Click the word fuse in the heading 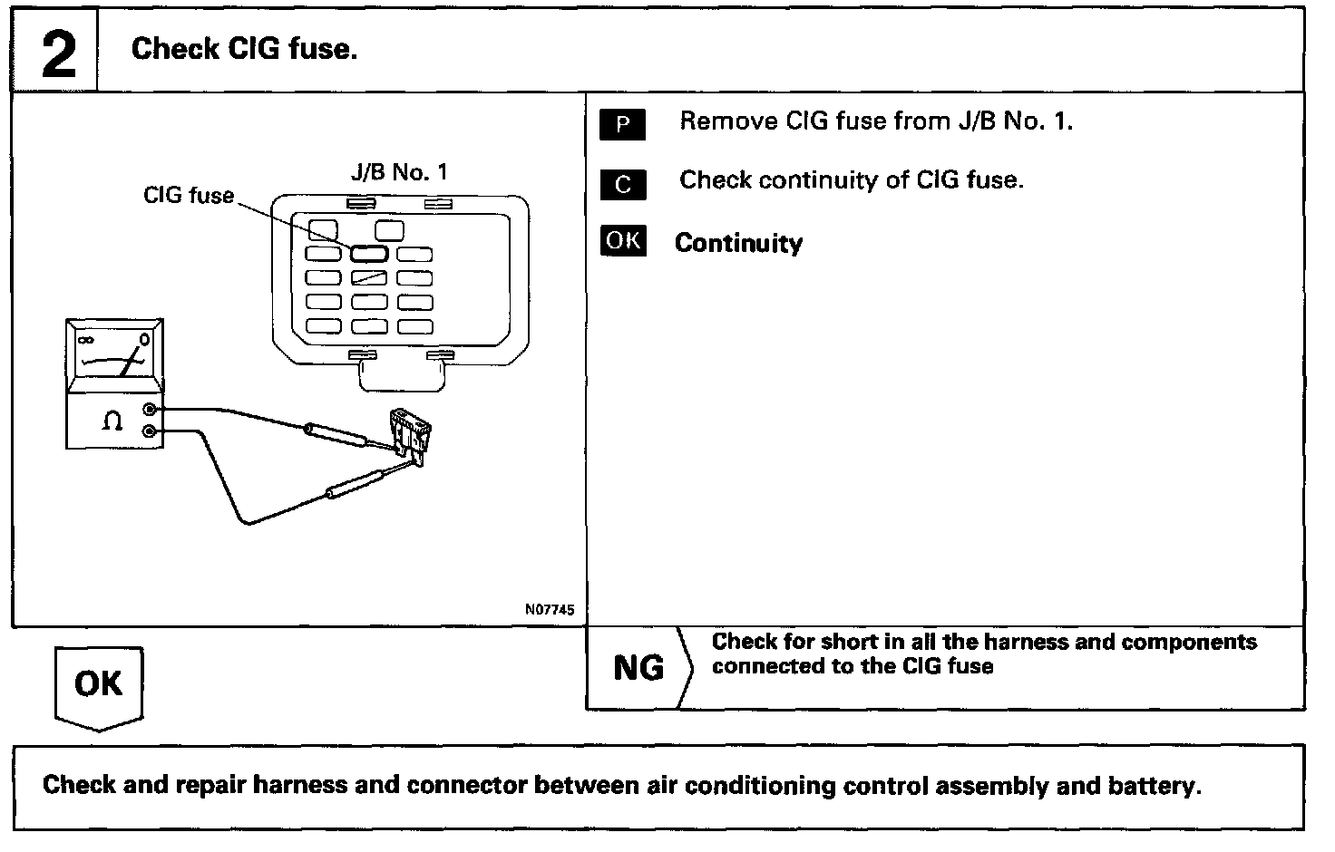pyautogui.click(x=321, y=49)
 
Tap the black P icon pyautogui.click(x=622, y=124)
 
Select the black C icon pyautogui.click(x=622, y=184)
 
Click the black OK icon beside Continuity pyautogui.click(x=623, y=241)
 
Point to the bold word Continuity pyautogui.click(x=738, y=243)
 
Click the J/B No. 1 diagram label pyautogui.click(x=399, y=172)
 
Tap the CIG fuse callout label pyautogui.click(x=189, y=195)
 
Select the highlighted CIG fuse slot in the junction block pyautogui.click(x=369, y=254)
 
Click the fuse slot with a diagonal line pyautogui.click(x=369, y=277)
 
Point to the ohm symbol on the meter pyautogui.click(x=112, y=421)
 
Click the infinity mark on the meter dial pyautogui.click(x=87, y=340)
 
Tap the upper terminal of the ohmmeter pyautogui.click(x=150, y=410)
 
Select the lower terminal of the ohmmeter pyautogui.click(x=150, y=431)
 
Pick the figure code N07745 pyautogui.click(x=549, y=610)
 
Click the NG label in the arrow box pyautogui.click(x=638, y=668)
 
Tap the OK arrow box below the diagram pyautogui.click(x=99, y=684)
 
